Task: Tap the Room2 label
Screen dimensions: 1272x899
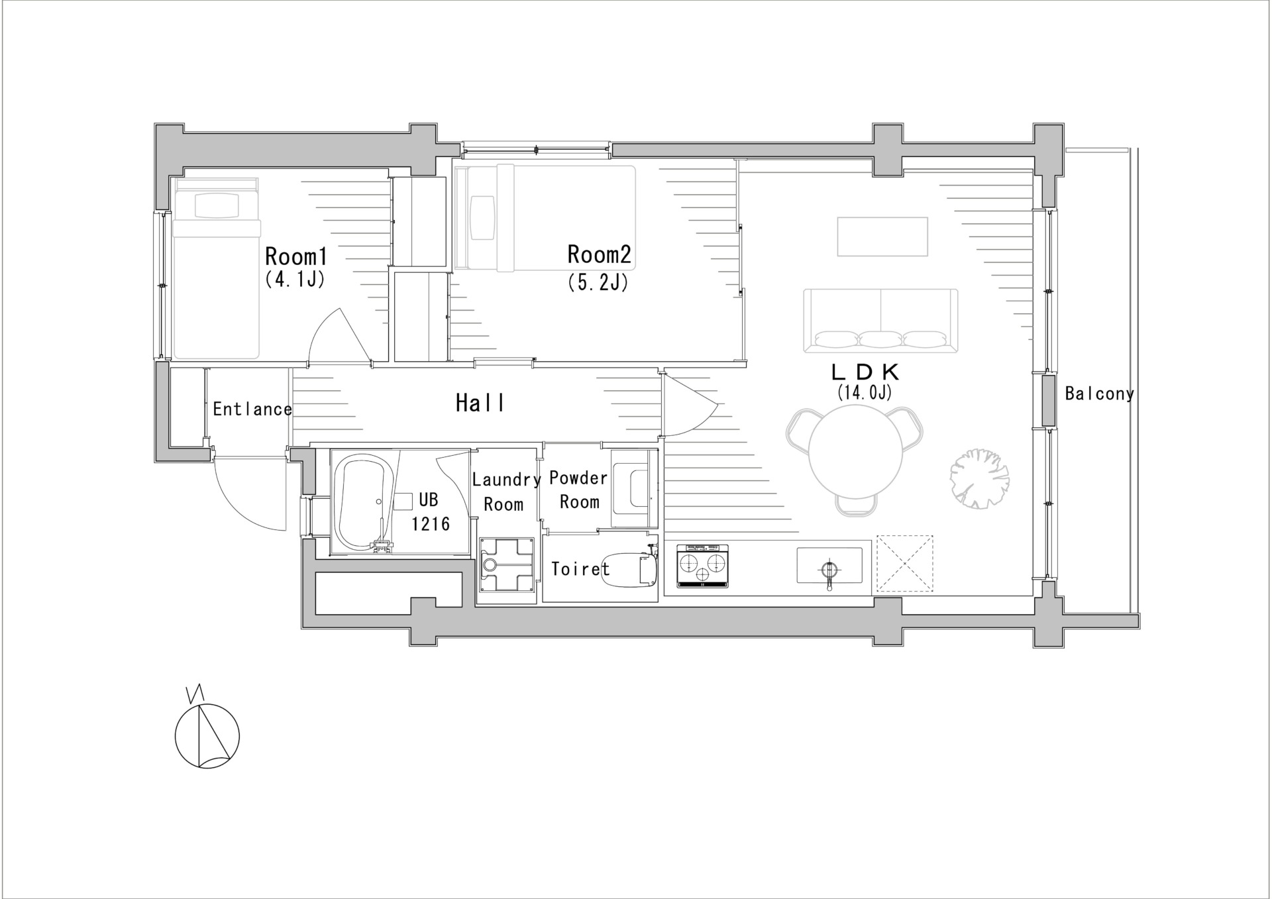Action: [599, 254]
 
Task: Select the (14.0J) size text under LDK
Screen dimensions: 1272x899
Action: [864, 392]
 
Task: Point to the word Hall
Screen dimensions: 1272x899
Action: [480, 403]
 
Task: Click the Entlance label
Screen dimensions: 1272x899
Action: [252, 409]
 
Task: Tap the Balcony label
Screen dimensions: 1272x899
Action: [1100, 394]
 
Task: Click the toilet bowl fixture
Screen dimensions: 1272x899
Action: [629, 569]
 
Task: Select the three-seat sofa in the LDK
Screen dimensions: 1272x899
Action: [881, 321]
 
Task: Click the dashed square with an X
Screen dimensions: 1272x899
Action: [905, 563]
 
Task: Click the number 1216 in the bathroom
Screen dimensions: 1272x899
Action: [431, 524]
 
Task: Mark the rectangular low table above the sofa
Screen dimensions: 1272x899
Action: [882, 237]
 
